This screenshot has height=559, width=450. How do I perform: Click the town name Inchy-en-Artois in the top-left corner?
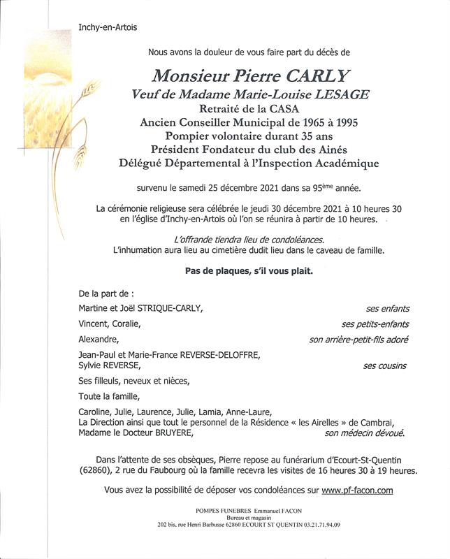coord(108,27)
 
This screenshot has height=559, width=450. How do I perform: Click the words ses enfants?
coord(388,308)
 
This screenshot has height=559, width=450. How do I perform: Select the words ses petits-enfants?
coord(375,324)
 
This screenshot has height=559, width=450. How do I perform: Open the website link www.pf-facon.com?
coord(358,491)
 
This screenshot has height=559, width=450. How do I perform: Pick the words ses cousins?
coord(385,365)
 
